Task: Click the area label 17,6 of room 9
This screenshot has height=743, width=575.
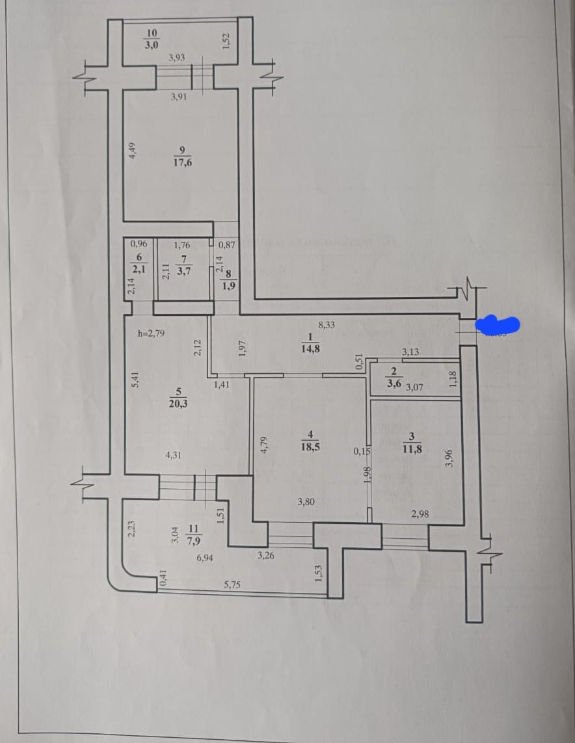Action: pos(183,163)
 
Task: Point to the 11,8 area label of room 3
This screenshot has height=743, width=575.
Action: pos(412,447)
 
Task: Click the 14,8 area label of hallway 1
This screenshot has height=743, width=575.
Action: pos(310,348)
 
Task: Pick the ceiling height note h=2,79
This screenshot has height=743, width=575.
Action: pos(152,333)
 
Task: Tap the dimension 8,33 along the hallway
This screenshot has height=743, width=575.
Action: pos(327,324)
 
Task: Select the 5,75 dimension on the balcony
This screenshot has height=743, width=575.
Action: pos(232,584)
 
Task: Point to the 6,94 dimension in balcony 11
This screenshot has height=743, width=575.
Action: pos(205,558)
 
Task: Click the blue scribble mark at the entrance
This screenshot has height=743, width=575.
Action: pos(498,323)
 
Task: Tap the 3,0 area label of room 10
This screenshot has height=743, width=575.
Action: pos(152,45)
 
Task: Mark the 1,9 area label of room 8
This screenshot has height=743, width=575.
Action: pos(229,285)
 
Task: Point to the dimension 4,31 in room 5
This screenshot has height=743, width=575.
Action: pos(173,456)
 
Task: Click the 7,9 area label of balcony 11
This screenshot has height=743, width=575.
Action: pos(193,540)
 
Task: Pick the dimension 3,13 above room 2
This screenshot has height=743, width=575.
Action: pos(410,352)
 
